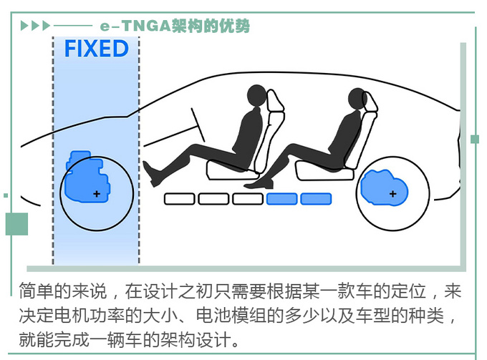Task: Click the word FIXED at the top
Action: (96, 49)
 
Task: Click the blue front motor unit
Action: (85, 177)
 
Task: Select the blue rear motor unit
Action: (383, 188)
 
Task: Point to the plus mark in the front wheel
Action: (97, 194)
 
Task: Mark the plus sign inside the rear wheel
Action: (392, 194)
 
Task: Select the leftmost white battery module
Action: (179, 199)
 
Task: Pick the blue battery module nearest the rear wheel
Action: (316, 199)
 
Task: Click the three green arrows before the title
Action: (35, 26)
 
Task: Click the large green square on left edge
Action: (16, 224)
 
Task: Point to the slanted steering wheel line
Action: (200, 125)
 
